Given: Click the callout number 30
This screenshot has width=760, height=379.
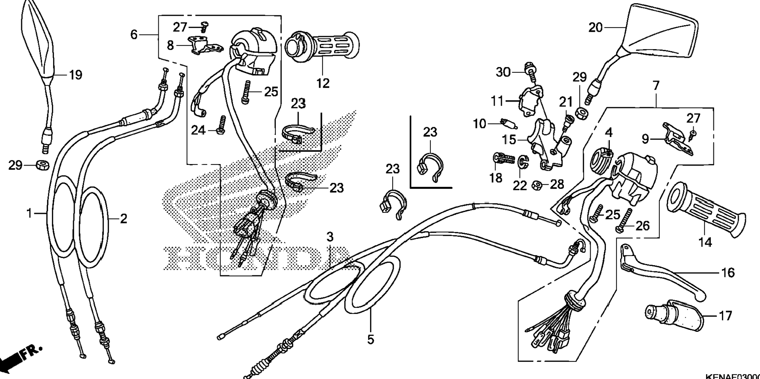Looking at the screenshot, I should (503, 72).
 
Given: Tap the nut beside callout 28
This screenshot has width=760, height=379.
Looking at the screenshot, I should (535, 185).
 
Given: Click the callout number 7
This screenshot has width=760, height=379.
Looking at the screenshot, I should (655, 86).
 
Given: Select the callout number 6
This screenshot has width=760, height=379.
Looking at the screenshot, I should (134, 35).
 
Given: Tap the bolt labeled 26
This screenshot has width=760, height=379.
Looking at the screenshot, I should (625, 220).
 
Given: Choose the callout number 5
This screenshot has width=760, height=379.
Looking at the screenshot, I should (371, 339).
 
